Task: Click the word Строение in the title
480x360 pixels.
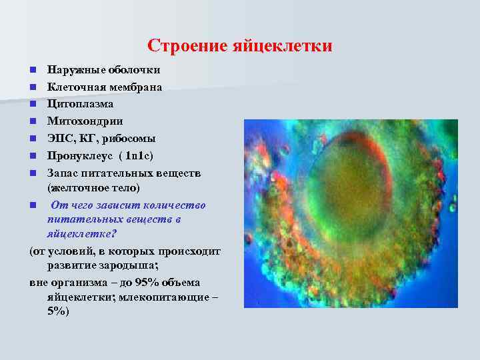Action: point(187,46)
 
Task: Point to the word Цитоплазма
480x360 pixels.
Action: point(80,105)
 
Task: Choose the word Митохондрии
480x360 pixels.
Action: point(85,122)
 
